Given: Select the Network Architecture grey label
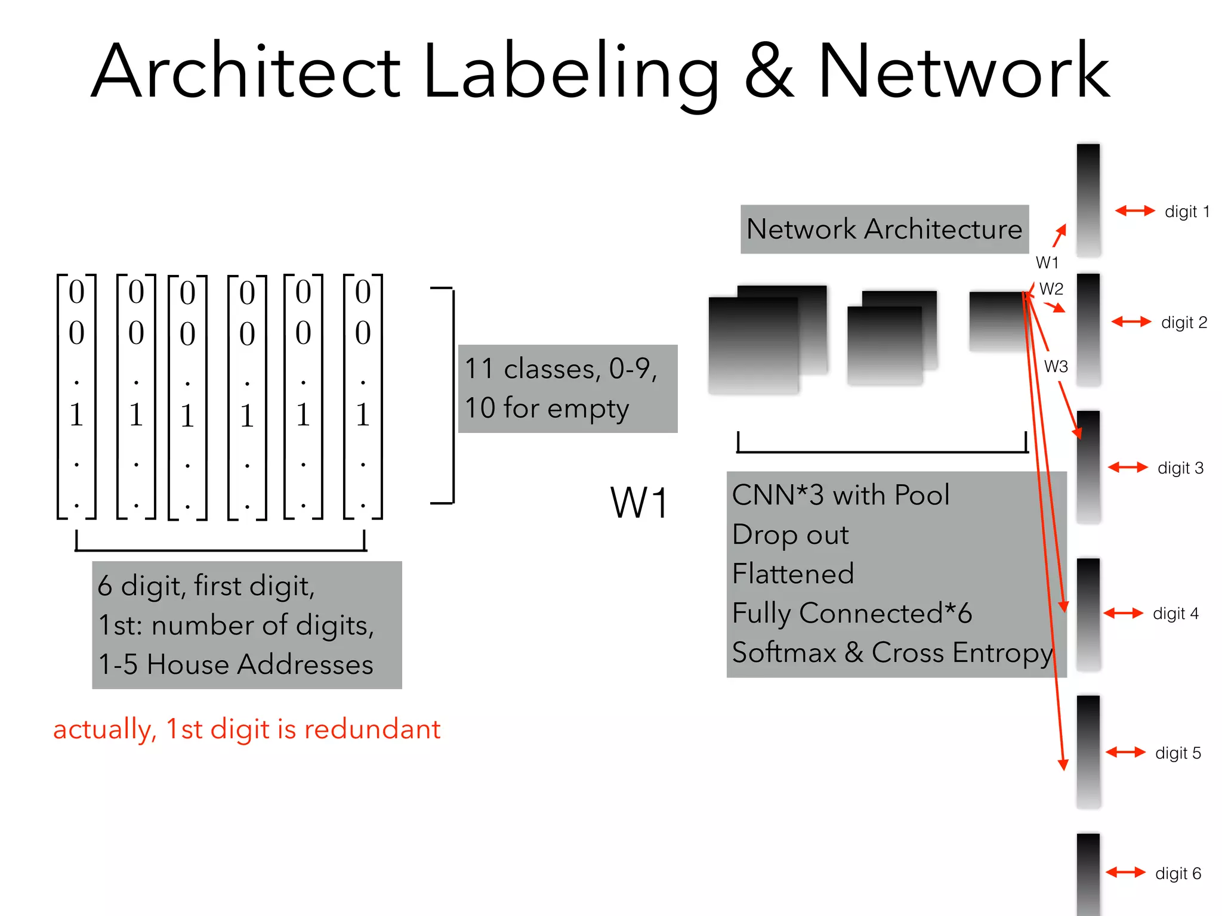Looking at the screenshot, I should [884, 230].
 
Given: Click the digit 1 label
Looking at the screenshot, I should [1187, 212].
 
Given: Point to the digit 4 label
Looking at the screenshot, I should [1175, 614].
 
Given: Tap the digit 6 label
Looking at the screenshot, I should [1178, 874].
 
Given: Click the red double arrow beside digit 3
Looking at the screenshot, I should [1127, 468].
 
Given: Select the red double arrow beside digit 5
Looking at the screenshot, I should [1125, 753].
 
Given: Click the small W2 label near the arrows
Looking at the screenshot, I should [1051, 289].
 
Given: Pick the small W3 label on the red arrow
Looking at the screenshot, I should [1056, 367].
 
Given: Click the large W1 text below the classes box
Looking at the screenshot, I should [639, 503].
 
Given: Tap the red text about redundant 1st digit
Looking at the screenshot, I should [246, 729].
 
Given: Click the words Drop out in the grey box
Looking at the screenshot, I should [790, 535].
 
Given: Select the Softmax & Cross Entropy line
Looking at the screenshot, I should [892, 652].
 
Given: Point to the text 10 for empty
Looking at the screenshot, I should [546, 409].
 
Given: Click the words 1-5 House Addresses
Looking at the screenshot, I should [236, 664].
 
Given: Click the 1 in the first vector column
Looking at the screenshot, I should [76, 414].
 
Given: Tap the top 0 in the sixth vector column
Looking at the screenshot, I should [363, 292].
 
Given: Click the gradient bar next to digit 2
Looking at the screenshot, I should [1088, 329].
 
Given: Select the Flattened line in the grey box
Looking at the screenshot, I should [793, 574].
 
